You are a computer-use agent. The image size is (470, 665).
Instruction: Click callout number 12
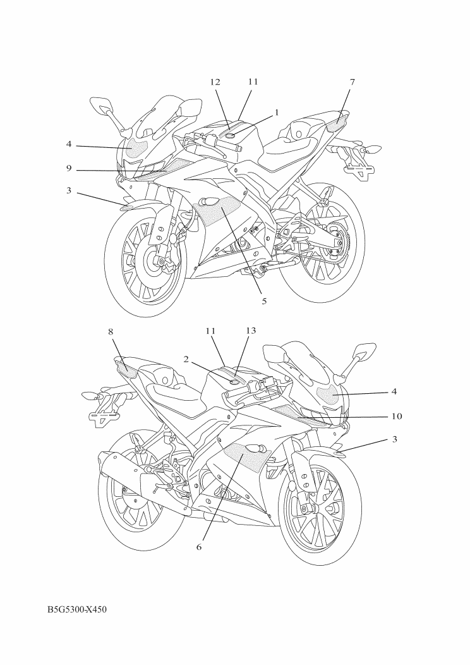pyautogui.click(x=215, y=82)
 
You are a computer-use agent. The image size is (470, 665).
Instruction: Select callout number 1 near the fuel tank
pyautogui.click(x=277, y=113)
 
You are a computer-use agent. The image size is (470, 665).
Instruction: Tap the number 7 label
pyautogui.click(x=352, y=82)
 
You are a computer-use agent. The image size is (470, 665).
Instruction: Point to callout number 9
pyautogui.click(x=69, y=169)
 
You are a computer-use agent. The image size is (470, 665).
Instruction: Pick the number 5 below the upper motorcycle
pyautogui.click(x=264, y=301)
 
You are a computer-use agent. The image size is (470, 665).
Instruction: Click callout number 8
pyautogui.click(x=111, y=332)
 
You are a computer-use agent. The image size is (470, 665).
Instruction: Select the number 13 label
pyautogui.click(x=251, y=330)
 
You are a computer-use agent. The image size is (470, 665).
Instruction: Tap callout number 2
pyautogui.click(x=186, y=359)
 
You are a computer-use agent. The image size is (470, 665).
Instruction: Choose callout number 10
pyautogui.click(x=397, y=417)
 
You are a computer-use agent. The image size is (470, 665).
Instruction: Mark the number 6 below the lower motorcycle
pyautogui.click(x=199, y=547)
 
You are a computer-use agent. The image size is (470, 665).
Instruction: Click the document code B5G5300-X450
pyautogui.click(x=76, y=610)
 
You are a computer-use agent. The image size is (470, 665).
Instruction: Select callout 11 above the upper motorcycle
pyautogui.click(x=253, y=82)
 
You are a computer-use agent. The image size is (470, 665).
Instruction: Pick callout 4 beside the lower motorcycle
pyautogui.click(x=394, y=391)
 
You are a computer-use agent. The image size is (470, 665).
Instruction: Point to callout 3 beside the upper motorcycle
pyautogui.click(x=69, y=190)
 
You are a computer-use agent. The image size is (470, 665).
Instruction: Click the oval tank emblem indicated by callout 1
pyautogui.click(x=231, y=136)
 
